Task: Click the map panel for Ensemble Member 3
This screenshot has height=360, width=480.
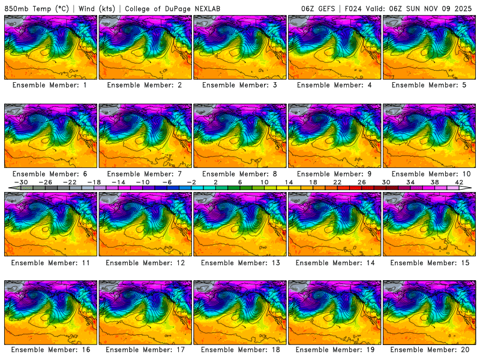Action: coord(241,47)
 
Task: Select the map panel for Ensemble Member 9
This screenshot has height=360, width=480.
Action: coord(335,136)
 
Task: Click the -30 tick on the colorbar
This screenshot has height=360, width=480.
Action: coord(20,182)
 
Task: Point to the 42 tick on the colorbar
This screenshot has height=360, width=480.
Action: coord(460,182)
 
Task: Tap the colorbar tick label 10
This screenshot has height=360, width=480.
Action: coord(264,182)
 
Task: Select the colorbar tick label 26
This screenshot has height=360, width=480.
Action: coord(362,182)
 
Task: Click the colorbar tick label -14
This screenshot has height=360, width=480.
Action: coord(118,182)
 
